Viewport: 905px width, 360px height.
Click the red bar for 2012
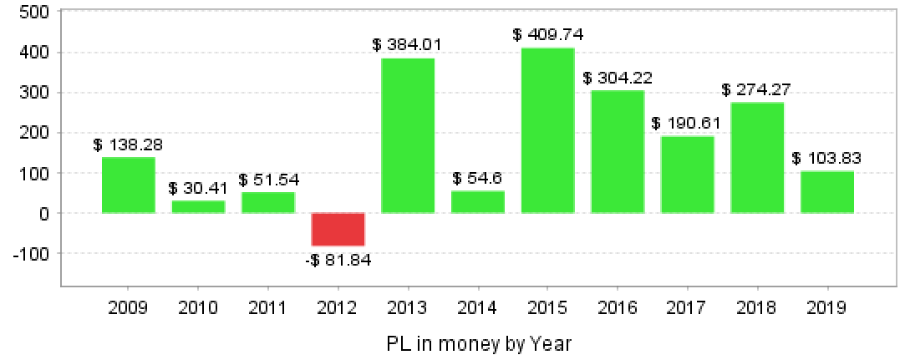tap(338, 229)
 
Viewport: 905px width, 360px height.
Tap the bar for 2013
tap(408, 135)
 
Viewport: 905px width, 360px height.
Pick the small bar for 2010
tap(198, 206)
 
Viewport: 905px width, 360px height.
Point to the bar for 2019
tap(827, 192)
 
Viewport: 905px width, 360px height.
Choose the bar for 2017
tap(688, 175)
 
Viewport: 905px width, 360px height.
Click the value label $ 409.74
tap(548, 35)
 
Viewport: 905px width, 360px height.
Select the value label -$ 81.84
tap(338, 260)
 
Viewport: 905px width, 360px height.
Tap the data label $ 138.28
tap(129, 145)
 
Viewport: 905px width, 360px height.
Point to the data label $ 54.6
tap(478, 179)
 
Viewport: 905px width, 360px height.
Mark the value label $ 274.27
tap(757, 89)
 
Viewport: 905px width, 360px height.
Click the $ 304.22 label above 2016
tap(618, 78)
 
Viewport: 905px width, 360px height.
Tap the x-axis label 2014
tap(478, 308)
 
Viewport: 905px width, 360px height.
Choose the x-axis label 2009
tap(129, 308)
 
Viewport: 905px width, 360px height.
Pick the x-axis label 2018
tap(757, 308)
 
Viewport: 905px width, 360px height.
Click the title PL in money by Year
tap(479, 343)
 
